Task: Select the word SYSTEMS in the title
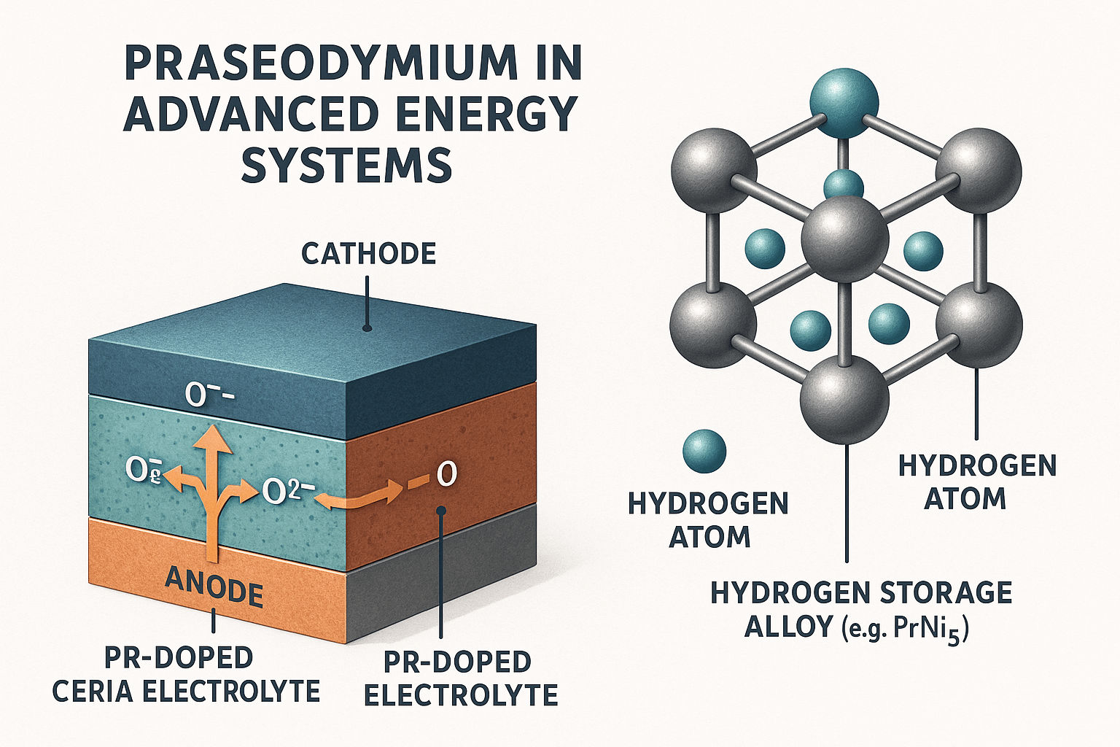[346, 166]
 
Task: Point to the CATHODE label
[368, 254]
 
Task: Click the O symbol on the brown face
[445, 475]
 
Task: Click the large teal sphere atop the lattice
[844, 102]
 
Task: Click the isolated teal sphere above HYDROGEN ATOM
[704, 451]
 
